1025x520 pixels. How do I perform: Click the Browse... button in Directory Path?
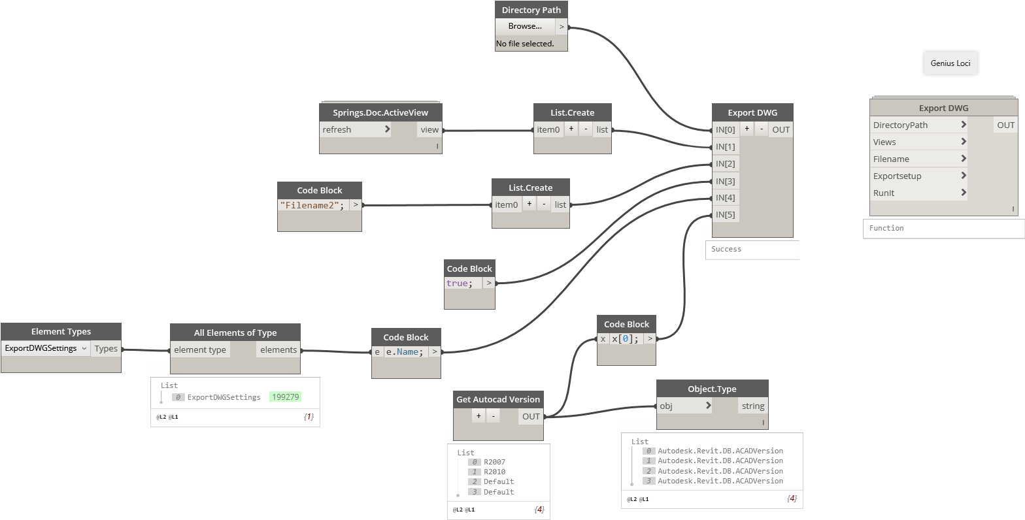pyautogui.click(x=525, y=26)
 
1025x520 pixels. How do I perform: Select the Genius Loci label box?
pyautogui.click(x=950, y=63)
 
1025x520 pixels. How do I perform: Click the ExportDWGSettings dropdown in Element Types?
pyautogui.click(x=46, y=348)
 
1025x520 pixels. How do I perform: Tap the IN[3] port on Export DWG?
pyautogui.click(x=725, y=181)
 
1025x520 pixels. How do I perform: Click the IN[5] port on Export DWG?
pyautogui.click(x=725, y=214)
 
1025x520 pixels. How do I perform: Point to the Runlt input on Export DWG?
pyautogui.click(x=918, y=193)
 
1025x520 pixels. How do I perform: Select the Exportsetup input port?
pyautogui.click(x=918, y=176)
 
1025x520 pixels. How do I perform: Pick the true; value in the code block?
pyautogui.click(x=458, y=284)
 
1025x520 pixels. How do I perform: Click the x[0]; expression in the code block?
pyautogui.click(x=625, y=339)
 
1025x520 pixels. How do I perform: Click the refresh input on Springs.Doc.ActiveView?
pyautogui.click(x=355, y=129)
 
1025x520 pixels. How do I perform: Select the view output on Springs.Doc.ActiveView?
pyautogui.click(x=429, y=129)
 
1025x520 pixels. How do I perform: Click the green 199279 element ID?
pyautogui.click(x=285, y=397)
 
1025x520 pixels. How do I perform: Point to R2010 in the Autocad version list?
pyautogui.click(x=494, y=472)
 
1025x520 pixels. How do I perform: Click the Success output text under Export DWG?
pyautogui.click(x=726, y=249)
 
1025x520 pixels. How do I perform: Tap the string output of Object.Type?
pyautogui.click(x=752, y=406)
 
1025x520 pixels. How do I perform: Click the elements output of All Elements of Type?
pyautogui.click(x=278, y=349)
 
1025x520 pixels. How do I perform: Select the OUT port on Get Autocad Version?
pyautogui.click(x=531, y=416)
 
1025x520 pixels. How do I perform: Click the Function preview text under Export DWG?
pyautogui.click(x=886, y=228)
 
